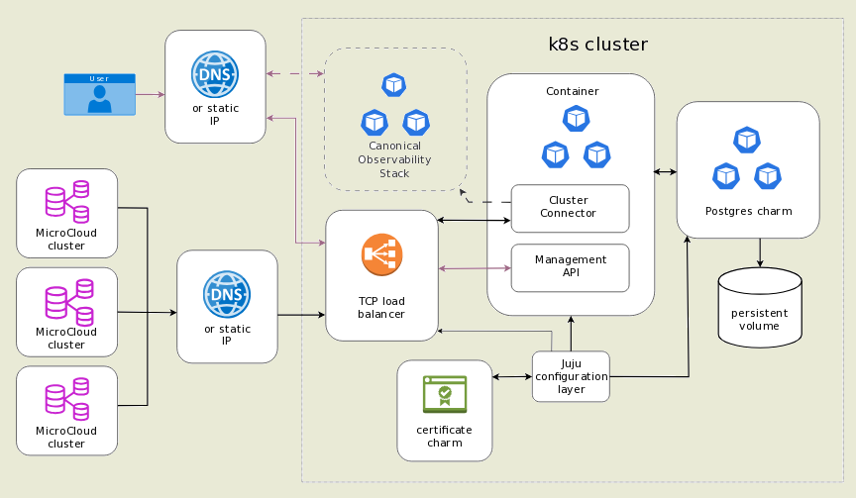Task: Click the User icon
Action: click(99, 94)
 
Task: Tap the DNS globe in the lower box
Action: click(227, 294)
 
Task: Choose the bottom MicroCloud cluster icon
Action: click(67, 398)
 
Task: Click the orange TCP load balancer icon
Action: click(381, 255)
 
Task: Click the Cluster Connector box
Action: click(570, 207)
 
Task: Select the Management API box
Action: click(570, 266)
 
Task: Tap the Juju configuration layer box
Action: click(571, 376)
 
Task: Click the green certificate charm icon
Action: click(445, 394)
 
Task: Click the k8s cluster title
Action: click(597, 45)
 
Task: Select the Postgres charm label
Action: click(748, 211)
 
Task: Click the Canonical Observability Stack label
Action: click(394, 159)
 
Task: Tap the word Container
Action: click(572, 91)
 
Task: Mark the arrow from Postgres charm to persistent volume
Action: click(760, 252)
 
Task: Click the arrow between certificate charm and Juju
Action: click(512, 376)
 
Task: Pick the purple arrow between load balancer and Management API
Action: click(475, 267)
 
